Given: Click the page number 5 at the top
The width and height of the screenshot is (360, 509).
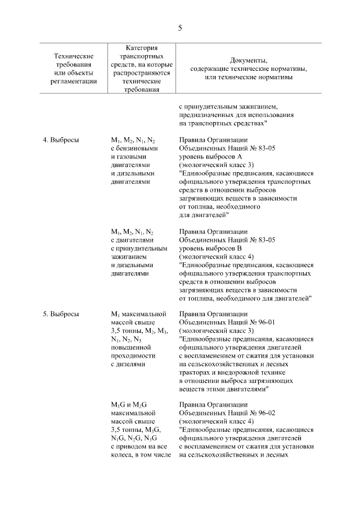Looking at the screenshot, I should click(x=180, y=27).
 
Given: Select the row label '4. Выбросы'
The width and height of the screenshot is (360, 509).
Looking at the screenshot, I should click(x=61, y=141).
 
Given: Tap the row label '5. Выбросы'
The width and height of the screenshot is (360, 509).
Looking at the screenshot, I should click(x=61, y=314).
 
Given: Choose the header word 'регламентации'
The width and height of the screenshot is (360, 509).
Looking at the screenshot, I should click(x=73, y=81).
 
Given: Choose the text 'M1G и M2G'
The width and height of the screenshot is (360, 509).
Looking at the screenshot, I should click(x=129, y=405).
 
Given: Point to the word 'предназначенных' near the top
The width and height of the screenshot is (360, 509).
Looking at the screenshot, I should click(x=205, y=114).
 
